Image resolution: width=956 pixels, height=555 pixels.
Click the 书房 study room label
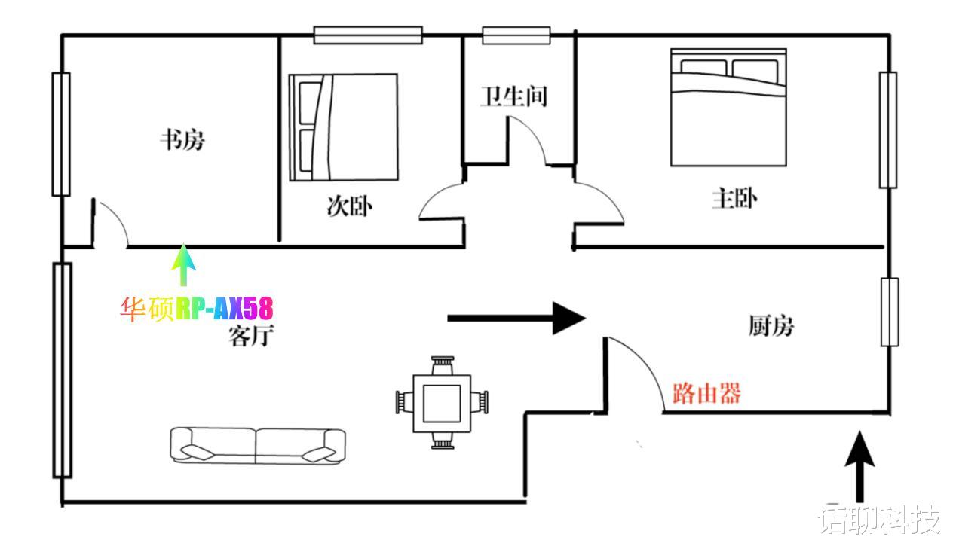182,140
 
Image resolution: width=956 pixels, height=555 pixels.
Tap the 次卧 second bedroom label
350,206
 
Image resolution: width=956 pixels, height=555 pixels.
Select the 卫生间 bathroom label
514,96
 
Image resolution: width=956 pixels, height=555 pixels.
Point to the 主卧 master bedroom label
734,199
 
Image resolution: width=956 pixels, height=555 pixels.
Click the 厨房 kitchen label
771,326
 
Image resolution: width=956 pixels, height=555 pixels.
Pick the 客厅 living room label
251,336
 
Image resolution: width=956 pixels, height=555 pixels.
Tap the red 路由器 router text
706,393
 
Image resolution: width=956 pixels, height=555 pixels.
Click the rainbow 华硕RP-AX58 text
196,308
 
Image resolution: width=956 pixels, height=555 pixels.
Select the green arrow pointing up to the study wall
183,265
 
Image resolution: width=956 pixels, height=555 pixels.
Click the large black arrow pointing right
516,318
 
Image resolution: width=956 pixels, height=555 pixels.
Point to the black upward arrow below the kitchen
860,467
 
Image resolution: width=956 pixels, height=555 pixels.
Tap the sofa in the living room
258,446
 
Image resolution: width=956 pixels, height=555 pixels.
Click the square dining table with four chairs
442,403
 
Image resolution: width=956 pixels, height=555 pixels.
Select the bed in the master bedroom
728,107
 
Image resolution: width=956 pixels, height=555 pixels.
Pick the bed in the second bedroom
344,127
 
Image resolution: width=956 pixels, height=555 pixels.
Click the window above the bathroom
516,35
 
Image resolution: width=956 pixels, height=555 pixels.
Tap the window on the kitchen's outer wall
890,312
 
